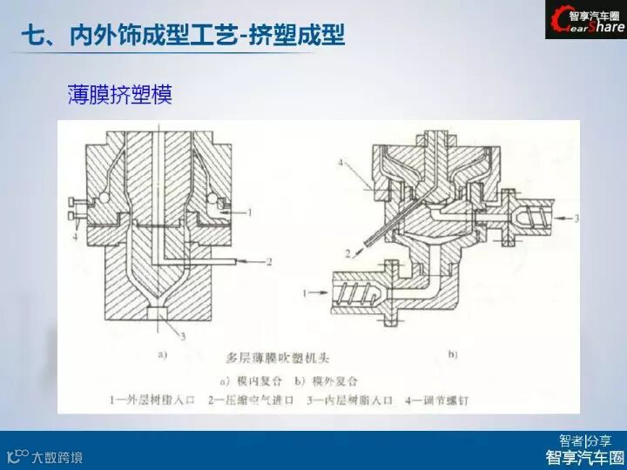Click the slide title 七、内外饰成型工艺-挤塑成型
pyautogui.click(x=182, y=36)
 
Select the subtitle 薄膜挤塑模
pyautogui.click(x=119, y=94)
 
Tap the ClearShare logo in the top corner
pyautogui.click(x=585, y=20)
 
